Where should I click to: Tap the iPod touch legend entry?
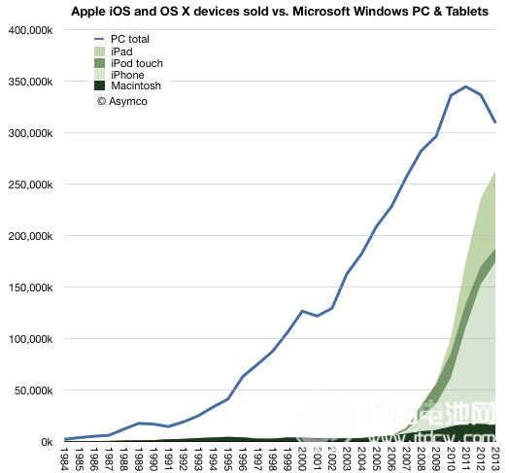[x=137, y=63]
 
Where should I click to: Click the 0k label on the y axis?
[x=45, y=442]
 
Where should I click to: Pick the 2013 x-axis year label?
[x=496, y=457]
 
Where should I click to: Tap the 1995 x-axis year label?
[x=228, y=457]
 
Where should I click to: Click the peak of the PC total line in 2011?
[x=466, y=86]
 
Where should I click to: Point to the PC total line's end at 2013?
[x=495, y=122]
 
